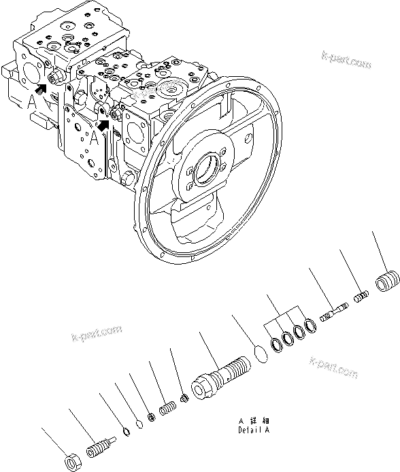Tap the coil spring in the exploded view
(x=167, y=409)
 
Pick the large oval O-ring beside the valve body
(x=259, y=352)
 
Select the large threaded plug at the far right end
(x=386, y=280)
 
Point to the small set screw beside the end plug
(x=362, y=295)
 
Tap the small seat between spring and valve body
(x=183, y=399)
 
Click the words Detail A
(x=254, y=431)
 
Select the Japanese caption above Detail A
(x=254, y=421)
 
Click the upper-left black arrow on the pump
(x=42, y=86)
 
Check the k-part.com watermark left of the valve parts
(x=97, y=333)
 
